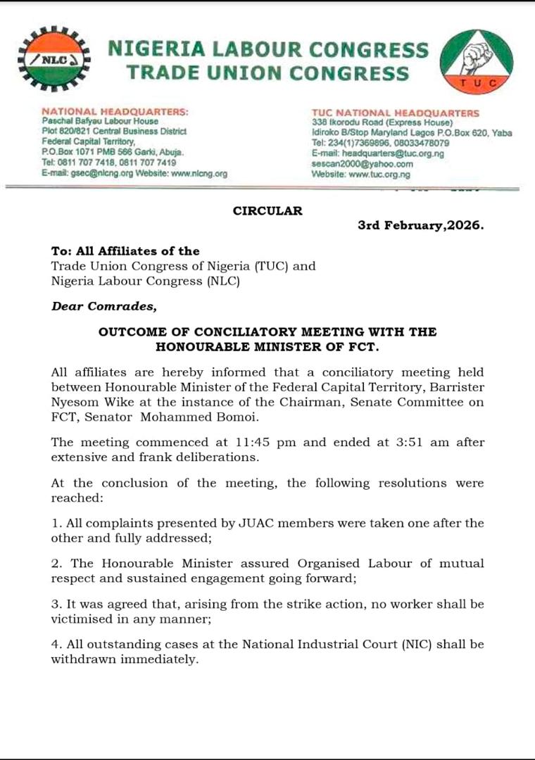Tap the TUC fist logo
click(477, 60)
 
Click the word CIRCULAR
click(267, 210)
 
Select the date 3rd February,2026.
click(421, 227)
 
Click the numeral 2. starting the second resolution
click(56, 564)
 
